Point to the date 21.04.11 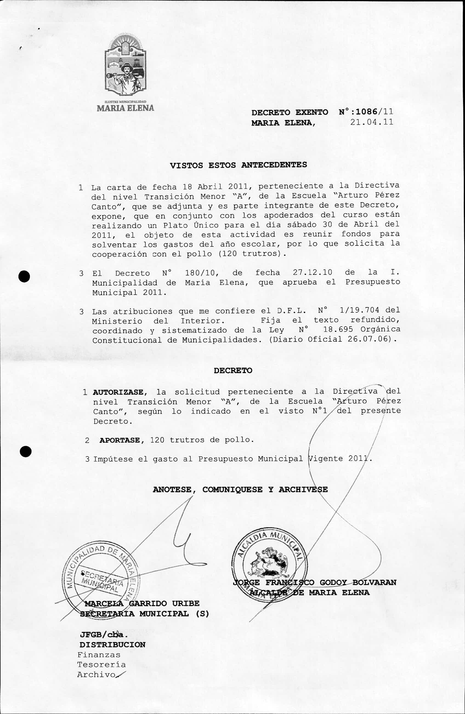[372, 122]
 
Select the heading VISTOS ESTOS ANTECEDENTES [238, 165]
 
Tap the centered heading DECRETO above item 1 [233, 370]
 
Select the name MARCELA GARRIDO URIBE [142, 603]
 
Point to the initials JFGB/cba [104, 635]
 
